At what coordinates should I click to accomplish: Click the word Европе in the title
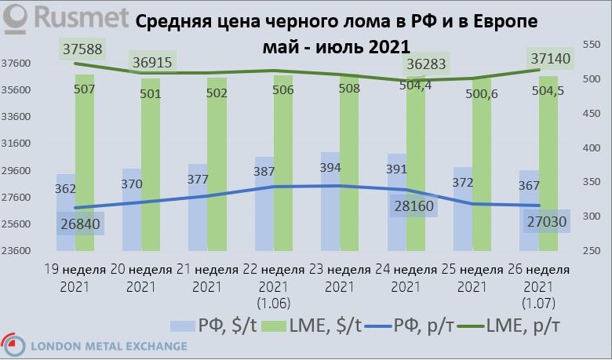click(x=504, y=23)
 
